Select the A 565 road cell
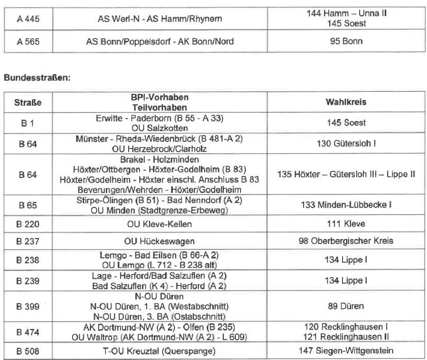point(28,41)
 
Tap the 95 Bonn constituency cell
point(346,41)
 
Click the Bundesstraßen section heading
point(37,77)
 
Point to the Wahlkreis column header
point(346,102)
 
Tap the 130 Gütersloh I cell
point(346,144)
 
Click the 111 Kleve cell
point(346,224)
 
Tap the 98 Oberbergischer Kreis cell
point(346,241)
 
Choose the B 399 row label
point(28,306)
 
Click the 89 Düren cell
point(346,306)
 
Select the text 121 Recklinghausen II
point(346,337)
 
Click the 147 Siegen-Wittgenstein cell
point(346,351)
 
